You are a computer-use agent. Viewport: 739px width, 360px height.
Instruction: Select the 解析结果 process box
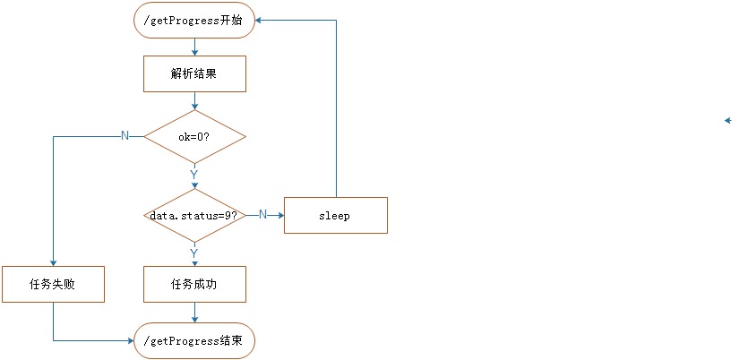[x=194, y=75]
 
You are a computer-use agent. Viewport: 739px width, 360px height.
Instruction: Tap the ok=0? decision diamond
[x=194, y=137]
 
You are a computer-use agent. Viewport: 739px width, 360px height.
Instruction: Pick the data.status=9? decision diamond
[x=194, y=216]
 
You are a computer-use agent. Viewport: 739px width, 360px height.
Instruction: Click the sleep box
[x=335, y=216]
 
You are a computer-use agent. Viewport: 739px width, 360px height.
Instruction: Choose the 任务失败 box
[x=53, y=285]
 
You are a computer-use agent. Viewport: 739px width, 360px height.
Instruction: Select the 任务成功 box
[x=194, y=285]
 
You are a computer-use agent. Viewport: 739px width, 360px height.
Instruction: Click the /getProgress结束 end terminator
[x=194, y=341]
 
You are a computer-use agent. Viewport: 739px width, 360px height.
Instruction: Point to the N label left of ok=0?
[x=125, y=135]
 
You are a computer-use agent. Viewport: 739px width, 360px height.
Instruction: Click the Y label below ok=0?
[x=193, y=174]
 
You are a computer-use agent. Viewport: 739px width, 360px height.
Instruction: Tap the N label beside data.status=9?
[x=262, y=214]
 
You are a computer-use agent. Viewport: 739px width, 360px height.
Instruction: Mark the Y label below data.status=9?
[x=193, y=253]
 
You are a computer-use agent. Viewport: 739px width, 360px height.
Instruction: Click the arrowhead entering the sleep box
[x=280, y=216]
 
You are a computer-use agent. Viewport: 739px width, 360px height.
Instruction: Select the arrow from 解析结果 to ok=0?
[x=194, y=101]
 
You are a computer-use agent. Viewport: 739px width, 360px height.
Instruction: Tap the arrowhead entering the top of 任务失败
[x=53, y=263]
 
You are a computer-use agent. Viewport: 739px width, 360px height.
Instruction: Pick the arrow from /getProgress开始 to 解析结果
[x=194, y=47]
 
